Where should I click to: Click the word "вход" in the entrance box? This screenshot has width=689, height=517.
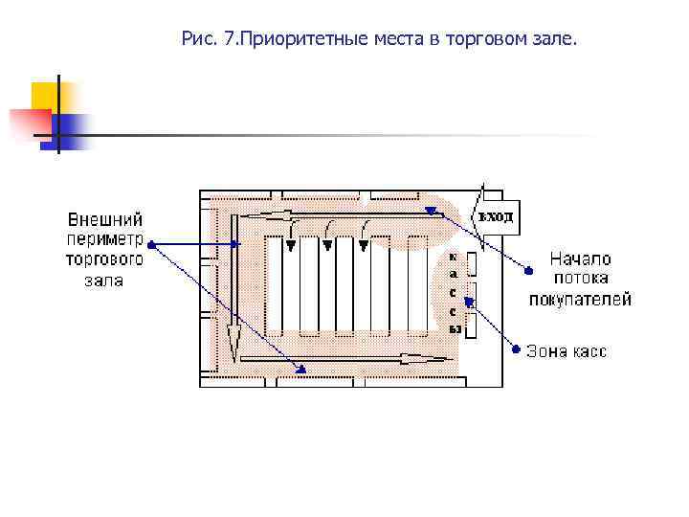(x=496, y=216)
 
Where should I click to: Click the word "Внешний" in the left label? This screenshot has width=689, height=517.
(x=105, y=220)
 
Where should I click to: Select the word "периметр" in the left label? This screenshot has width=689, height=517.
(x=104, y=240)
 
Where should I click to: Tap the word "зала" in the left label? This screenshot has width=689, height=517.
(x=104, y=281)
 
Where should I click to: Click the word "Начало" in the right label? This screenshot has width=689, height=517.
(x=580, y=258)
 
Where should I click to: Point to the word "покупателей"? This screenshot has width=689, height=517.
(x=580, y=299)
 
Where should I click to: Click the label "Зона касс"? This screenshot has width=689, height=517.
(x=567, y=351)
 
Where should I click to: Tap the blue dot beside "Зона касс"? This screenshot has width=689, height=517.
(x=516, y=348)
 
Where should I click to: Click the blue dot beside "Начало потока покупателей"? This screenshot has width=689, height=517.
(x=526, y=270)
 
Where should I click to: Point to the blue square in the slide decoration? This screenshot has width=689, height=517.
(x=73, y=128)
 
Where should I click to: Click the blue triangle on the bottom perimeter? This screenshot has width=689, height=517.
(x=300, y=369)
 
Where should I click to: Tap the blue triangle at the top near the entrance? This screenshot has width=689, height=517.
(x=432, y=210)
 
